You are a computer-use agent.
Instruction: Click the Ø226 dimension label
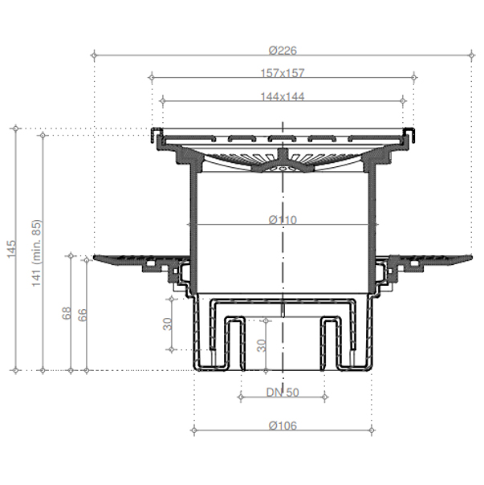click(283, 50)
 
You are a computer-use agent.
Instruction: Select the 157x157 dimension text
click(283, 73)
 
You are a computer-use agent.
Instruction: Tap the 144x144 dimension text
click(283, 96)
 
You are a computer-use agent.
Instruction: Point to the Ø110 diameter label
click(283, 220)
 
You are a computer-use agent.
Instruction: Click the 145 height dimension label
click(11, 249)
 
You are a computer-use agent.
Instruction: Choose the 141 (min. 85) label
click(36, 253)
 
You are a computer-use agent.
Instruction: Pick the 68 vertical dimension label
click(67, 313)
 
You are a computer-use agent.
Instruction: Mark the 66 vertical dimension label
click(82, 315)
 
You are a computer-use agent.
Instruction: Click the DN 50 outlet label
click(283, 393)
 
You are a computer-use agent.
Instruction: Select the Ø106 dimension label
click(283, 426)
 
